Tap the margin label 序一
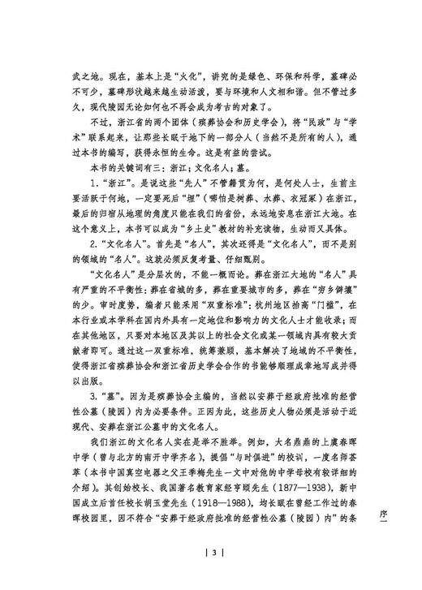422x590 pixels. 398,505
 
